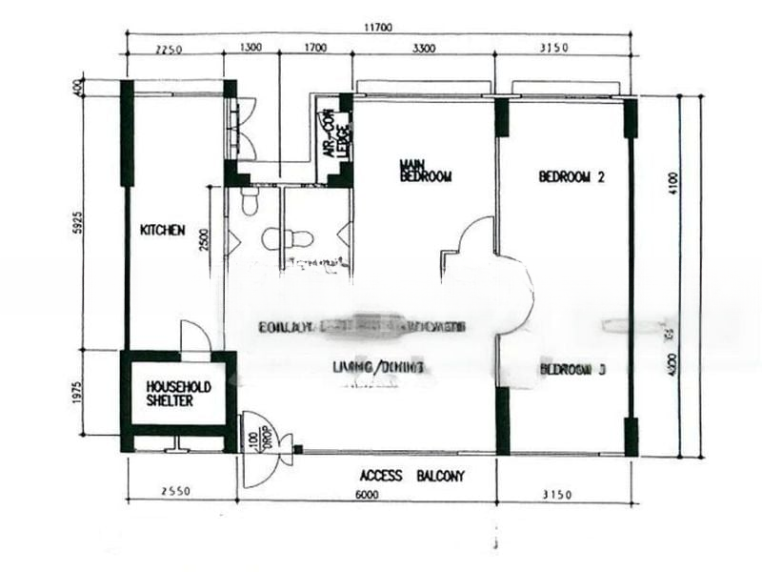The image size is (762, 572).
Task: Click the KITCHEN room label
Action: [x=162, y=230]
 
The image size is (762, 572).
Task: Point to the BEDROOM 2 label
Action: [x=572, y=176]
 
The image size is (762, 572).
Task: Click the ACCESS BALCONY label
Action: [x=411, y=476]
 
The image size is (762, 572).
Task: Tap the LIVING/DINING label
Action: [x=378, y=367]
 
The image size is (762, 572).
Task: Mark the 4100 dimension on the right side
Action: [x=673, y=182]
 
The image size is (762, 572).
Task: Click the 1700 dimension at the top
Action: [x=314, y=49]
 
